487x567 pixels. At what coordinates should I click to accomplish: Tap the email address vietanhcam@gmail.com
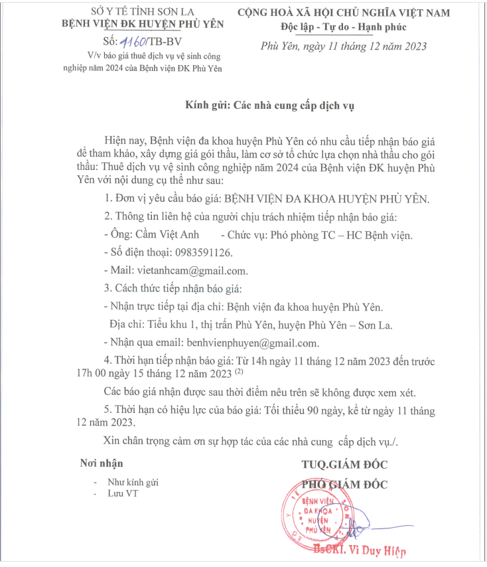click(x=192, y=270)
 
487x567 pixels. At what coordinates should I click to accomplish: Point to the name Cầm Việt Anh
click(x=163, y=234)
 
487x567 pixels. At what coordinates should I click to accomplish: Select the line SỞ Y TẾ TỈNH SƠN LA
click(x=142, y=11)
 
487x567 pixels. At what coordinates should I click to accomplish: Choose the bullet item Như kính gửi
click(x=135, y=483)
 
